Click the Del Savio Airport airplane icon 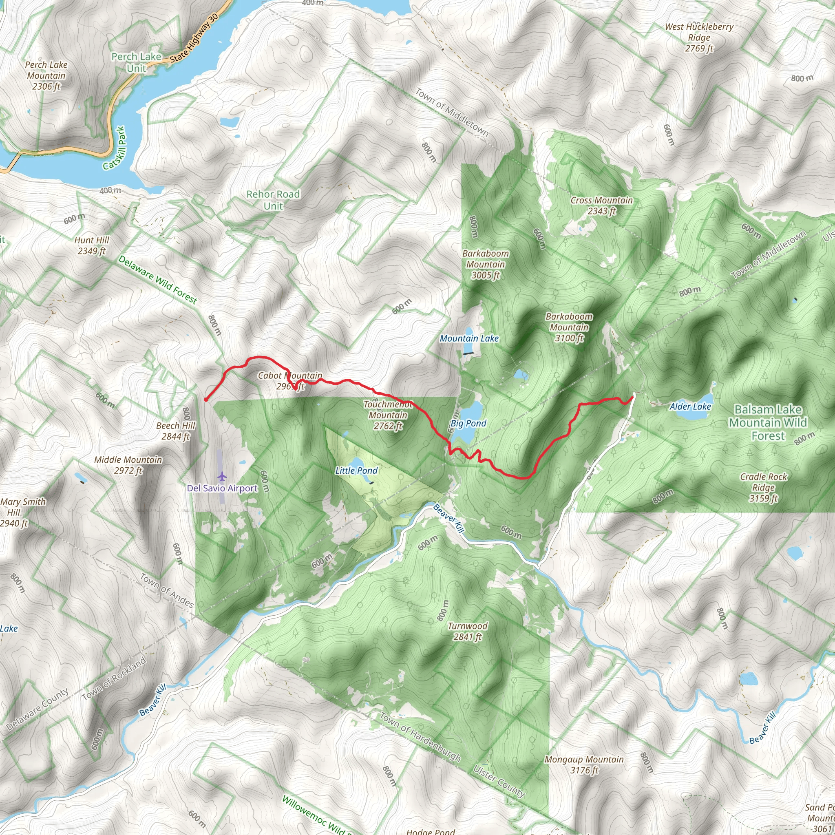click(x=222, y=476)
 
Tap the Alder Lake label click(x=690, y=406)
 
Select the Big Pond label click(x=468, y=423)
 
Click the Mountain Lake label click(x=469, y=338)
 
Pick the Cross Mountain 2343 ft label click(x=601, y=205)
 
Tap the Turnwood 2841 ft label click(x=467, y=631)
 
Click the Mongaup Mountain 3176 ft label click(x=584, y=764)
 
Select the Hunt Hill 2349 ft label click(x=92, y=245)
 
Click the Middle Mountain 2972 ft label click(x=128, y=465)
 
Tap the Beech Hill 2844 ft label click(x=175, y=431)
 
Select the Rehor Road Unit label click(x=273, y=200)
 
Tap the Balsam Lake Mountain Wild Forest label click(x=768, y=422)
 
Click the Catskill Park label click(x=115, y=148)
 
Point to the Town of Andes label click(x=166, y=590)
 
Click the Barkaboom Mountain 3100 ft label click(x=569, y=327)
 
